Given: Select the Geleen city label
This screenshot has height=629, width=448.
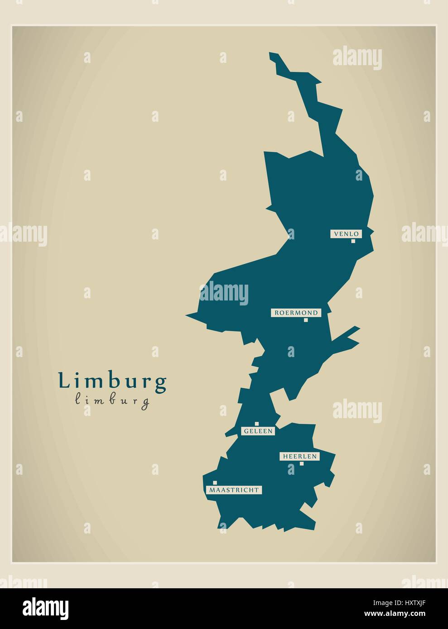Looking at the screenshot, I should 258,431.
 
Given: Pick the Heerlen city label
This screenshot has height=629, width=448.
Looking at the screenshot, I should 299,457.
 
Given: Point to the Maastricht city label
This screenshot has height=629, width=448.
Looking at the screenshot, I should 234,490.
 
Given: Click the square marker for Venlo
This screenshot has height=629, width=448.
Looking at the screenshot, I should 353,241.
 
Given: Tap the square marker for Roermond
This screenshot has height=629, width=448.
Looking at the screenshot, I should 306,320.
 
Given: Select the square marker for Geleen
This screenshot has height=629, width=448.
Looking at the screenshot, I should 257,424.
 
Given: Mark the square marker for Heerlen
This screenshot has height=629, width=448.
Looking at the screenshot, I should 301,463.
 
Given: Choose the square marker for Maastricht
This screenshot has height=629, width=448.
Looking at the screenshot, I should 215,483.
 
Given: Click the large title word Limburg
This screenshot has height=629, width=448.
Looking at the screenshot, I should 112,381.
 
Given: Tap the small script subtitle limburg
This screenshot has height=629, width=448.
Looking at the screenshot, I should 112,400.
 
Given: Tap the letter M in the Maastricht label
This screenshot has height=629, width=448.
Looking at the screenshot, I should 212,490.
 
